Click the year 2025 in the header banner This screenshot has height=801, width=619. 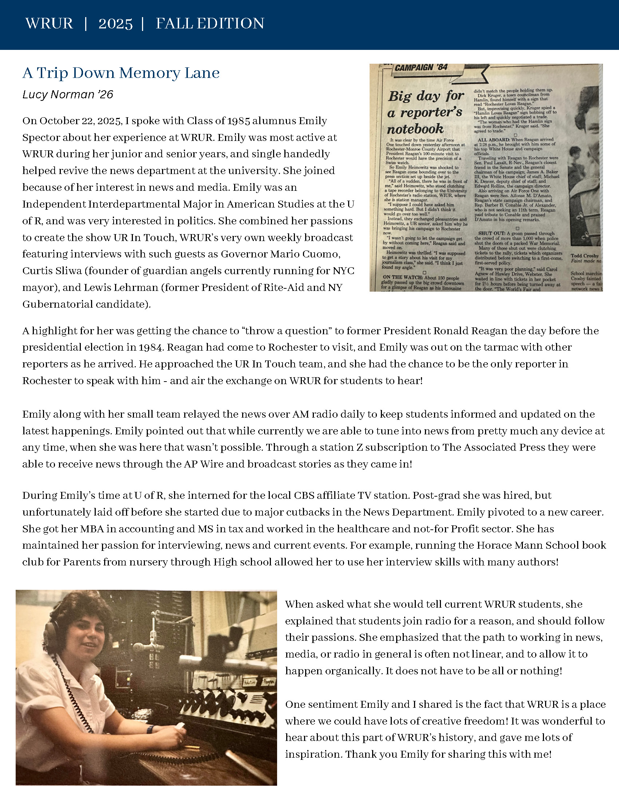point(115,24)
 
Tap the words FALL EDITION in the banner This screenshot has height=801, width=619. point(210,24)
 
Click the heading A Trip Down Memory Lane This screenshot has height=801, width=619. point(121,73)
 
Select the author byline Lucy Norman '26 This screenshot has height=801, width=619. point(68,95)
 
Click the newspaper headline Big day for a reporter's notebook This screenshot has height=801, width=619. point(425,112)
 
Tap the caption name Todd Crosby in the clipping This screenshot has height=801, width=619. point(584,256)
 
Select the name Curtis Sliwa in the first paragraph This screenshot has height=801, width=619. point(52,271)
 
